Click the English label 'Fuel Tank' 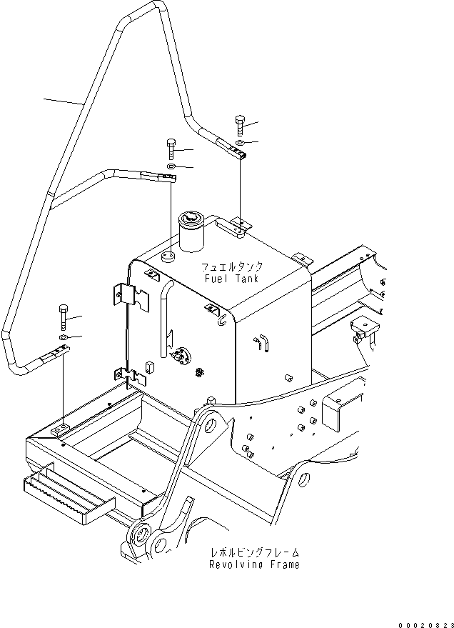[230, 279]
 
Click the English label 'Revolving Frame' [254, 564]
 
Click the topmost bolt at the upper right [238, 126]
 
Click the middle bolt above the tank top [171, 149]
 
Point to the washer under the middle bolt [171, 167]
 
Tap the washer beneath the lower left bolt [63, 337]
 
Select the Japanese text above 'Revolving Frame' [254, 552]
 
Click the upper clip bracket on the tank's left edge [131, 296]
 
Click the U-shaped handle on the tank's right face [262, 344]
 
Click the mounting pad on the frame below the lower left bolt [61, 429]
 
